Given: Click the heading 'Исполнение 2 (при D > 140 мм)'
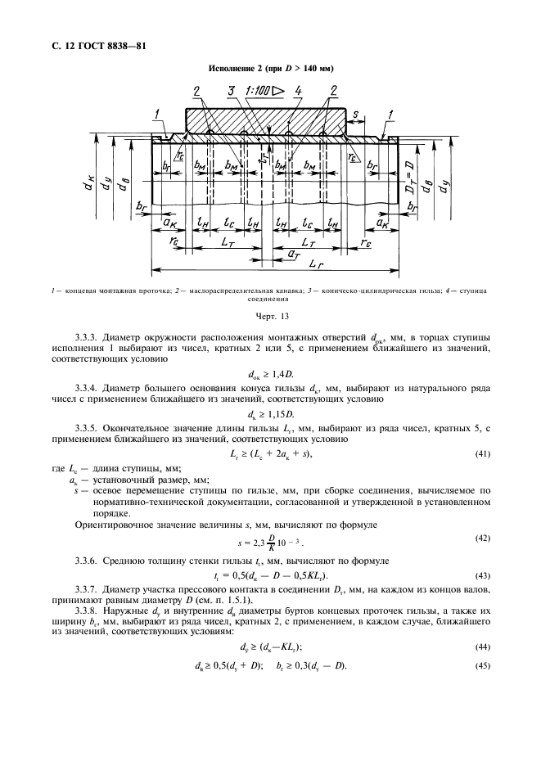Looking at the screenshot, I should click(x=269, y=68).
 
